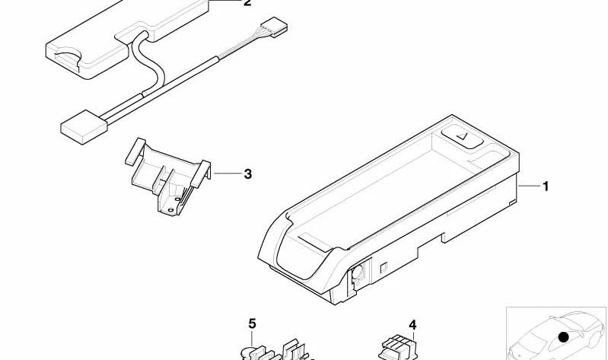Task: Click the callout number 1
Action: [546, 186]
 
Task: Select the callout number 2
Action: [247, 3]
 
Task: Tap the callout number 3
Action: [248, 174]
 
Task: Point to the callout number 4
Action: [412, 325]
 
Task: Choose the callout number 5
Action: [253, 323]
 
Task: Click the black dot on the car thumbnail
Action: [563, 336]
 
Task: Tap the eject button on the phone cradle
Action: [462, 137]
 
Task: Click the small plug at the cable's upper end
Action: [274, 27]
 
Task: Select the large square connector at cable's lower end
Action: [84, 127]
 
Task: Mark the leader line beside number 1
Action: [529, 186]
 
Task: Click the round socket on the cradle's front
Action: [357, 271]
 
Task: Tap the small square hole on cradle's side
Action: [384, 267]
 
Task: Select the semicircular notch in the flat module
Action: [68, 54]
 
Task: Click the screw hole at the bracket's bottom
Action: [171, 209]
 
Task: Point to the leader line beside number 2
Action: [225, 1]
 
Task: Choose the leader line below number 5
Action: [253, 338]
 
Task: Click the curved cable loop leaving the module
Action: [146, 62]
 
